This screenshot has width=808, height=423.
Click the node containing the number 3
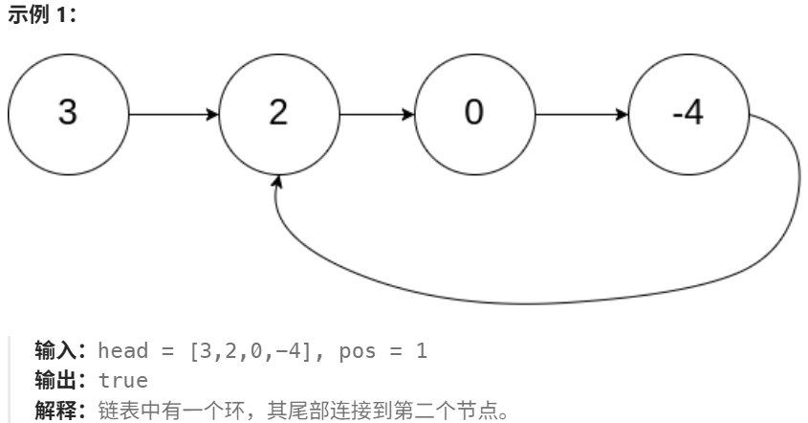pyautogui.click(x=67, y=113)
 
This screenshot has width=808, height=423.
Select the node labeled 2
pyautogui.click(x=277, y=113)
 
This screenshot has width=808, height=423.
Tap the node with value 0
pyautogui.click(x=473, y=113)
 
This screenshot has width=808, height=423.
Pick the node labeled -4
pyautogui.click(x=688, y=113)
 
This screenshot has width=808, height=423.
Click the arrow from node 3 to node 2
pyautogui.click(x=172, y=114)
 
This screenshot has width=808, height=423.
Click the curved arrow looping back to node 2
pyautogui.click(x=535, y=301)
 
